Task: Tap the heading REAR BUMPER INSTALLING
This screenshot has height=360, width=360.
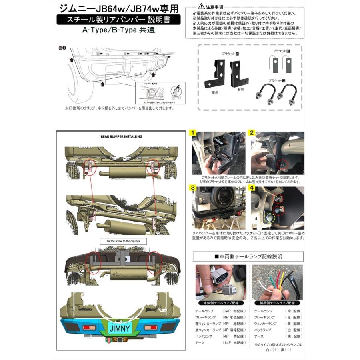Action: point(121,136)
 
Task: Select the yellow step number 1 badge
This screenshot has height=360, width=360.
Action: point(193,133)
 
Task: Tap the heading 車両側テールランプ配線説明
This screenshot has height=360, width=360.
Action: point(248,256)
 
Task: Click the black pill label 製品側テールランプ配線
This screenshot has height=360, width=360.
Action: point(277,303)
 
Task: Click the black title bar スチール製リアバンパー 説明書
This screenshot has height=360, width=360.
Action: point(118,19)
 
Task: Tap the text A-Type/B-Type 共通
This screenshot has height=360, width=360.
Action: point(118,30)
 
